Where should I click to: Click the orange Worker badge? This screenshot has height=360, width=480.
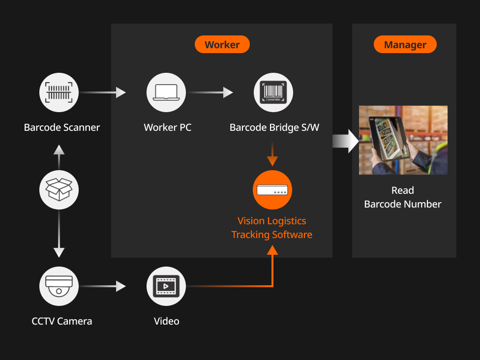[222, 45]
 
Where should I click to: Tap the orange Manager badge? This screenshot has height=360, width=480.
[405, 45]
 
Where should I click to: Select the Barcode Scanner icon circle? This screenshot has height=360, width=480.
[59, 92]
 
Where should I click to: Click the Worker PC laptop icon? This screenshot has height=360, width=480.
[166, 92]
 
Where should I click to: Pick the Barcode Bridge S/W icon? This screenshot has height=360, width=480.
[273, 92]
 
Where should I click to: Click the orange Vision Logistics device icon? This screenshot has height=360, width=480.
[272, 190]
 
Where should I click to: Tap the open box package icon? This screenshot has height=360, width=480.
[59, 189]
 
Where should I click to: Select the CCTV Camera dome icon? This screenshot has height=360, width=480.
[59, 286]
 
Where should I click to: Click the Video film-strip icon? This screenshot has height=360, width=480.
[166, 286]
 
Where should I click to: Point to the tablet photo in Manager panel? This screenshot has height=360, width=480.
[403, 140]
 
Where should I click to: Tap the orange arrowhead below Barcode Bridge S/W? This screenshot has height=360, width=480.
[272, 160]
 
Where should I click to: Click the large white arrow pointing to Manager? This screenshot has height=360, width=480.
[346, 141]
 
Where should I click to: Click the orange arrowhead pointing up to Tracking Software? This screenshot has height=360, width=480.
[272, 249]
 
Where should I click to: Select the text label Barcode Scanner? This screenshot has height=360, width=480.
[62, 128]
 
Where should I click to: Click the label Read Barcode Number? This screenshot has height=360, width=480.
[403, 197]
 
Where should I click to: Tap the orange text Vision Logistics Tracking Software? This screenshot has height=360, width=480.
[272, 228]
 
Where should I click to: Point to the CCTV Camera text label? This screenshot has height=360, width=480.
[62, 322]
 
